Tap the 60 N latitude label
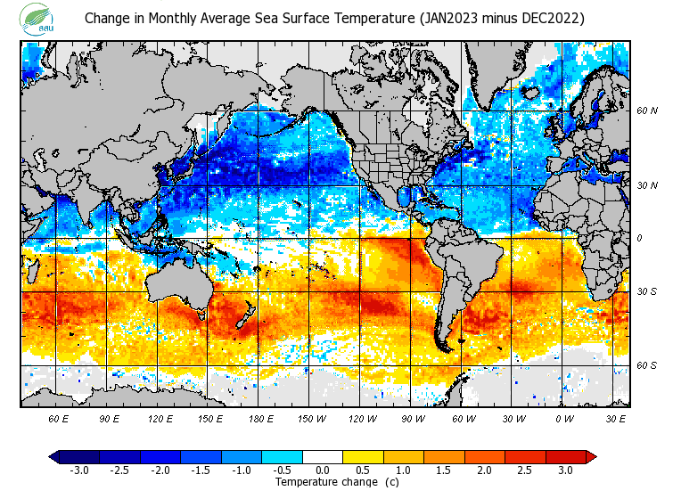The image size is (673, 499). coord(647,111)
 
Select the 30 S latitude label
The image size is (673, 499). coord(647,291)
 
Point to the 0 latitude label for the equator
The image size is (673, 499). coord(640,238)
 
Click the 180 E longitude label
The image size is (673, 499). coord(261,417)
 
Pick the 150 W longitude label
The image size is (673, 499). coord(312,417)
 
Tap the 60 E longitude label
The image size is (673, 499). coord(59,417)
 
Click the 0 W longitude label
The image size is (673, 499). coord(564,417)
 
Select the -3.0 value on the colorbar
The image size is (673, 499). coord(78,470)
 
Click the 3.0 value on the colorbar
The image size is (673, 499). coord(564,470)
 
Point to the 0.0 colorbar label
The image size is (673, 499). coord(322,470)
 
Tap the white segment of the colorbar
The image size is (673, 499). coord(322,456)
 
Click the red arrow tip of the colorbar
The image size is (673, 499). coord(590,456)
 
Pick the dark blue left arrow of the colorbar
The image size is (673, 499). coord(54,456)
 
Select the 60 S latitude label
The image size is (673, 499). coord(647,365)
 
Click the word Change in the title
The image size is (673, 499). coord(106,19)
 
